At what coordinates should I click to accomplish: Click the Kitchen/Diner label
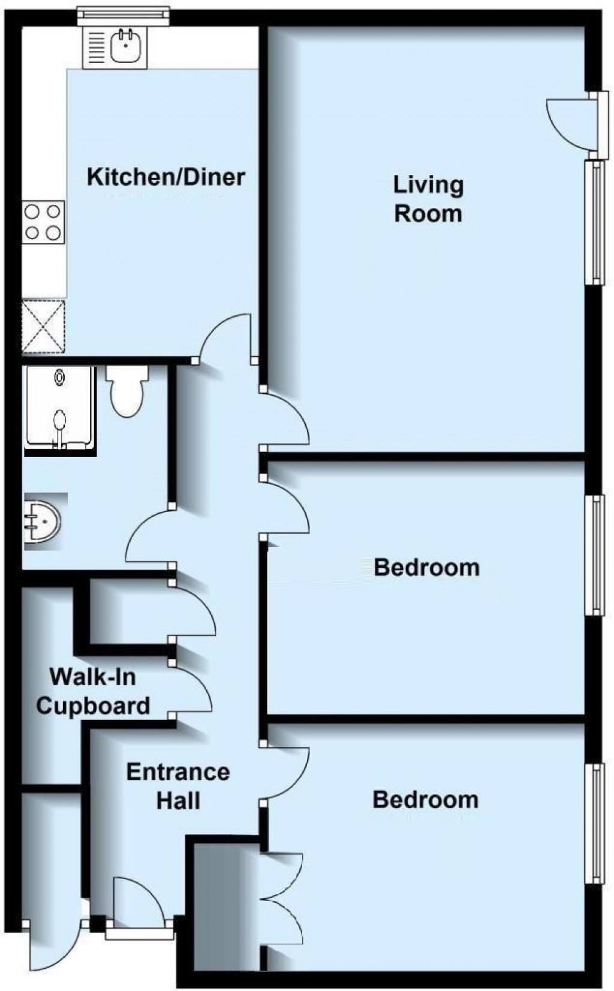[x=165, y=177]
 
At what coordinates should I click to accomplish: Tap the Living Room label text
[x=428, y=198]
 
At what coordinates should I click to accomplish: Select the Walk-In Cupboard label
[x=93, y=691]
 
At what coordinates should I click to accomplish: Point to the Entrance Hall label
[x=177, y=786]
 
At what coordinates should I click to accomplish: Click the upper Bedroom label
[x=426, y=567]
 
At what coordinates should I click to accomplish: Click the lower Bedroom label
[x=425, y=799]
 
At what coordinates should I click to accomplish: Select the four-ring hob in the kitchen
[x=43, y=222]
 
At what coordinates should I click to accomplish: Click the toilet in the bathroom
[x=127, y=391]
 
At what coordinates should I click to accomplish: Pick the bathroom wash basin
[x=42, y=521]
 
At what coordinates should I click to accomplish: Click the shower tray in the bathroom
[x=59, y=408]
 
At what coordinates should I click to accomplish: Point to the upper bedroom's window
[x=595, y=554]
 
